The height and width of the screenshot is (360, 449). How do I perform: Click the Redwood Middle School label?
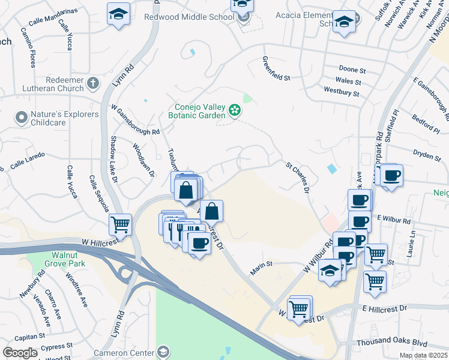189,17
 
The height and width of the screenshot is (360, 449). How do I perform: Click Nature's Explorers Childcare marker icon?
22,116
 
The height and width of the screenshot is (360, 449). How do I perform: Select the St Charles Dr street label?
297,175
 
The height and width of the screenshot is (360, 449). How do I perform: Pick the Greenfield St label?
276,68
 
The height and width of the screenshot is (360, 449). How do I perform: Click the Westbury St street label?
341,93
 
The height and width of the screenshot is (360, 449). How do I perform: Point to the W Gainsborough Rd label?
136,119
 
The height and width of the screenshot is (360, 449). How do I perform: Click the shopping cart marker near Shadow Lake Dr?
121,225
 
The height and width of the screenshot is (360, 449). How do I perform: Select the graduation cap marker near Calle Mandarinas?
118,13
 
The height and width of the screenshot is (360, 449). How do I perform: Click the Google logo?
20,352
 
